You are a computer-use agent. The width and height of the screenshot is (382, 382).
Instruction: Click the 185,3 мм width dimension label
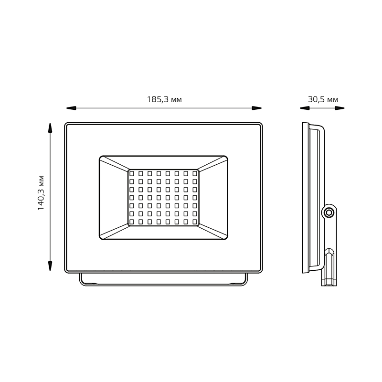point(164,99)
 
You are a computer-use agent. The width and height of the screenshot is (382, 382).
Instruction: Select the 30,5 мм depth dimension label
point(323,99)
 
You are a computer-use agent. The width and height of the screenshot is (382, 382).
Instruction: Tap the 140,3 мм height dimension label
point(41,193)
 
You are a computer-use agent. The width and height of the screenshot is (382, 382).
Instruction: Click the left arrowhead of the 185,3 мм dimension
point(71,108)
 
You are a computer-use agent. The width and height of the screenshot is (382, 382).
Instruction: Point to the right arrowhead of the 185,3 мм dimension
point(257,108)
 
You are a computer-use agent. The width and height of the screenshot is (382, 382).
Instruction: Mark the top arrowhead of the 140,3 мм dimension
point(50,128)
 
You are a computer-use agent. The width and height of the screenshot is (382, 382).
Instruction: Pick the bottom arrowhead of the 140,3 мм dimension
point(50,266)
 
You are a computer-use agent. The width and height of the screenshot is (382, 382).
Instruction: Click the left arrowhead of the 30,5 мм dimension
point(305,108)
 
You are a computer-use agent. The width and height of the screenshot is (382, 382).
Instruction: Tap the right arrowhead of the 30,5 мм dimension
point(340,108)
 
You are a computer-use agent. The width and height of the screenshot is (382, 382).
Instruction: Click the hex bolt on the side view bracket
point(329,212)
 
